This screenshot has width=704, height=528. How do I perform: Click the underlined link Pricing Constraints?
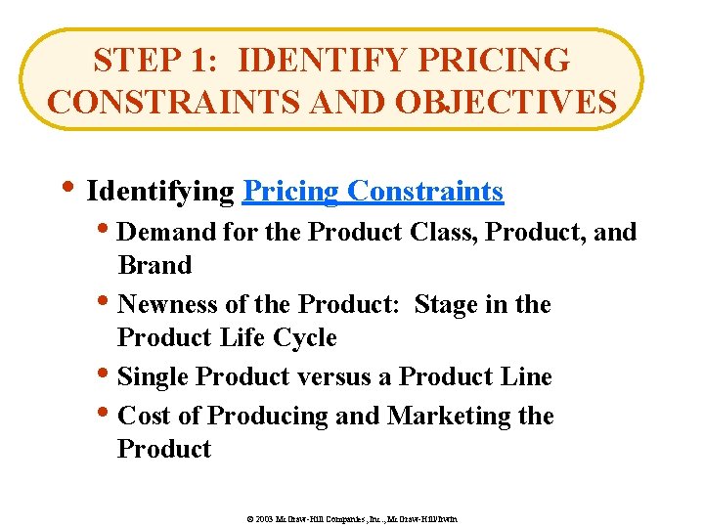click(x=373, y=191)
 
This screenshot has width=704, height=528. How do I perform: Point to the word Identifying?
click(x=161, y=191)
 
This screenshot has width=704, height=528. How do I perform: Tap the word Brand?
click(x=154, y=266)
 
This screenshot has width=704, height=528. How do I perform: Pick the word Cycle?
click(x=304, y=338)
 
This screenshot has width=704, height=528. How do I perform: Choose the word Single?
click(x=154, y=377)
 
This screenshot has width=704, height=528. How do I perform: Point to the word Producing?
click(x=268, y=417)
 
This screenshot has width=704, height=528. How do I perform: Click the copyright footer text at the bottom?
click(x=352, y=517)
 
